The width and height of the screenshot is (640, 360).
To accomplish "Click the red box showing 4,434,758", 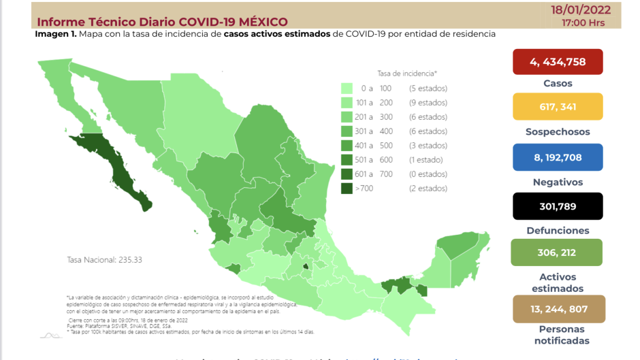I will point(558,62).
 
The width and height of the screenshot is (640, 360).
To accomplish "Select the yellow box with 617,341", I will point(558,107).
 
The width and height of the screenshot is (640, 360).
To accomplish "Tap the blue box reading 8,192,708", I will point(558,157).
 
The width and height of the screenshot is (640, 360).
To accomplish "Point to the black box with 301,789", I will point(558,206).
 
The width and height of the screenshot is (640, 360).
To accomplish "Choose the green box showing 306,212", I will point(558,252).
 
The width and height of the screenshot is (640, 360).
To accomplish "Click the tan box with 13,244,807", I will point(558,308).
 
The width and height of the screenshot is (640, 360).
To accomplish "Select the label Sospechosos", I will point(558,132).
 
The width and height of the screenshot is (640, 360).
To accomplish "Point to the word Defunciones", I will point(558,231).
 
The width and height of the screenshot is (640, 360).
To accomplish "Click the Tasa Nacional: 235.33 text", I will point(104,260).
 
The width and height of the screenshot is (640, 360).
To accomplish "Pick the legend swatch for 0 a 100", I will point(347,88).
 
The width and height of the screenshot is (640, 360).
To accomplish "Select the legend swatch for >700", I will point(347,189).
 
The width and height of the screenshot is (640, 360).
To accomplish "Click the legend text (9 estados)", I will point(428,103).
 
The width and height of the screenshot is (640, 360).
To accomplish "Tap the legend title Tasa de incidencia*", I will point(407,73).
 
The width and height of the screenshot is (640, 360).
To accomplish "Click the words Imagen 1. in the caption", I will point(57,33).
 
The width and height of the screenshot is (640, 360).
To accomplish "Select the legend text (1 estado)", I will point(426,160).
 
